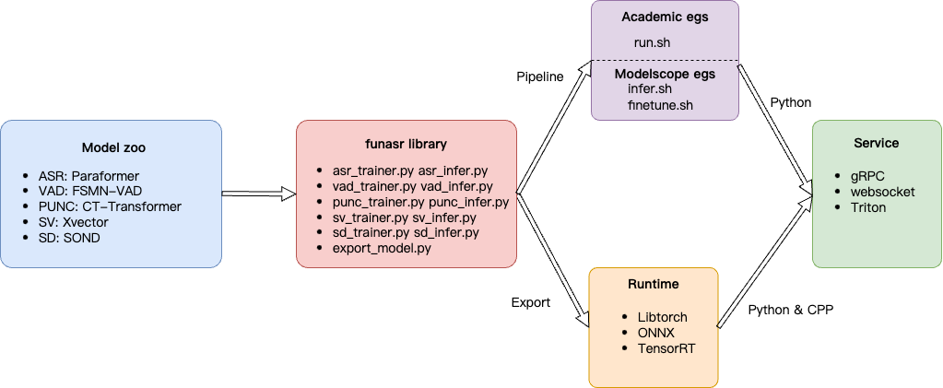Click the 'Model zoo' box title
113,147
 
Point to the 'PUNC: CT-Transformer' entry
110,206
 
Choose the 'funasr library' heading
406,145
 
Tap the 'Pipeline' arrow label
539,76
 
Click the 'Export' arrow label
532,301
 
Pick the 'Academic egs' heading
665,18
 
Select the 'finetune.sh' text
660,105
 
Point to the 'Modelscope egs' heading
665,74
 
